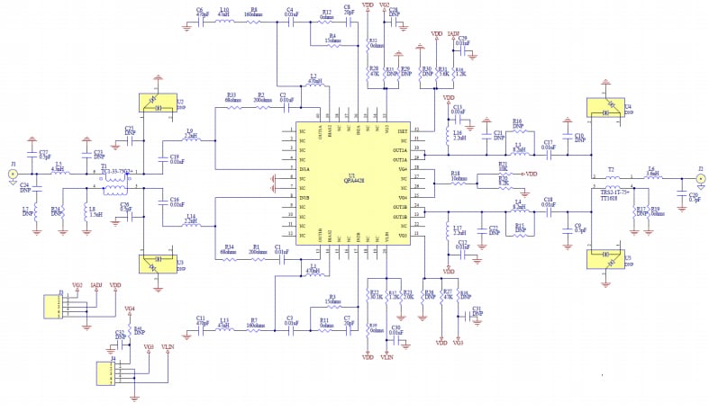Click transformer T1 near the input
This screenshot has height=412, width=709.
[x=114, y=181]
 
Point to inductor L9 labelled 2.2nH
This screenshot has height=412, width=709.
[x=191, y=140]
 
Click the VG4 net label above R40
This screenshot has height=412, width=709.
[x=130, y=309]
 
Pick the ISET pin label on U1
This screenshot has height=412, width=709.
[x=403, y=130]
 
